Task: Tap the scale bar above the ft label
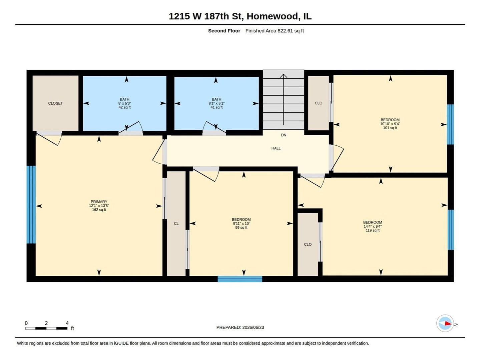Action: click(x=46, y=328)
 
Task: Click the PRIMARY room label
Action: click(x=99, y=202)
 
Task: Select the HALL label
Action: click(x=276, y=148)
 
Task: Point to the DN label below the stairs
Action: click(x=284, y=135)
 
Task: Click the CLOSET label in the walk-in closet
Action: click(x=55, y=103)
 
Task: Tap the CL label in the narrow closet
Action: click(x=176, y=223)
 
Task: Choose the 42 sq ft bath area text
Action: click(x=124, y=107)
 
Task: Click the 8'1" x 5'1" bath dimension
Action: click(x=216, y=103)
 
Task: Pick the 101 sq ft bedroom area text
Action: click(x=390, y=128)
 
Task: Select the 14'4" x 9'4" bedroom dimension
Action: click(x=372, y=226)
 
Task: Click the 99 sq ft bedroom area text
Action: click(x=241, y=227)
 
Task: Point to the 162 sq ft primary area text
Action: click(x=99, y=210)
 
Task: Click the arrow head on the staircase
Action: click(x=284, y=76)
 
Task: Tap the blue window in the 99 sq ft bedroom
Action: click(x=240, y=279)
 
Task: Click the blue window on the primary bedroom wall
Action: click(x=31, y=204)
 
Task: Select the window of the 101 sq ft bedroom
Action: click(x=450, y=124)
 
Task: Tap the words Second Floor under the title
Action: click(x=224, y=31)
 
